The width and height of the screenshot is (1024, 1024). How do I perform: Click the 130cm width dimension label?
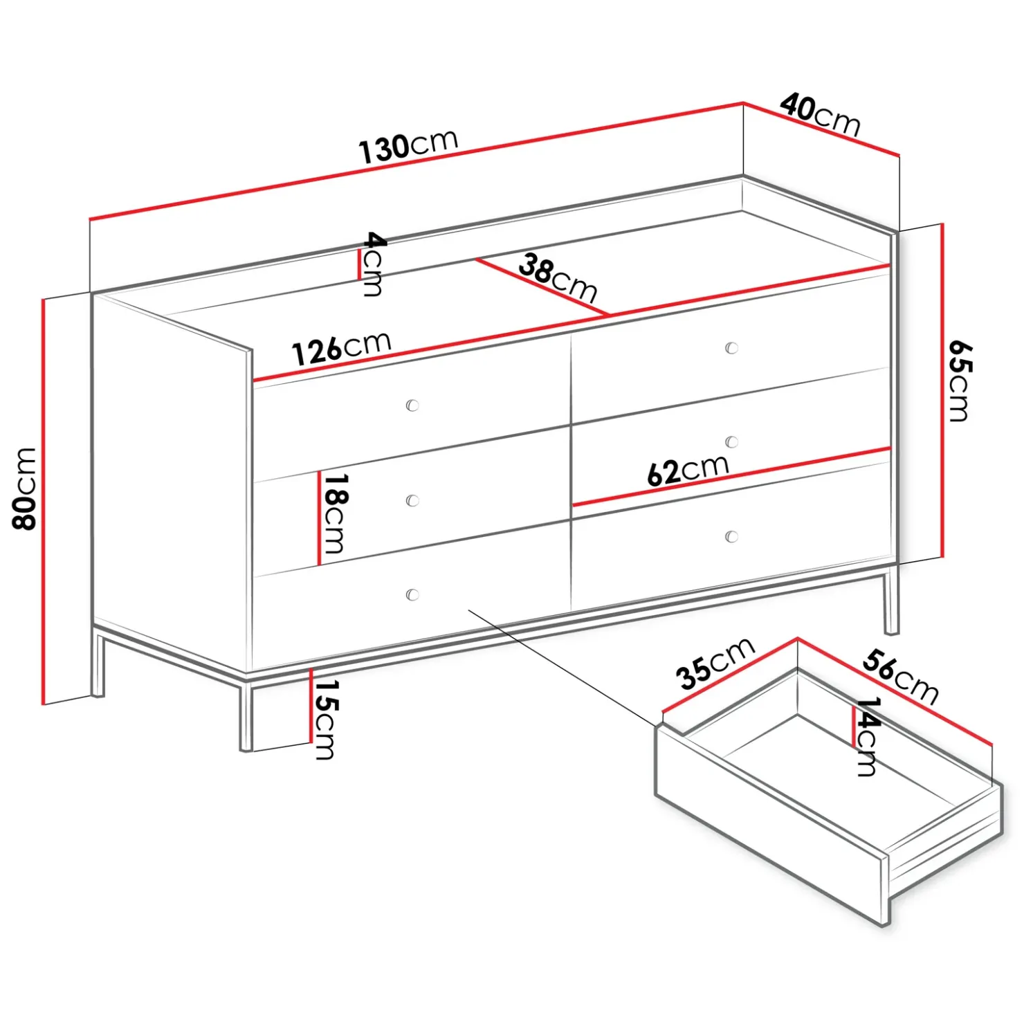(408, 147)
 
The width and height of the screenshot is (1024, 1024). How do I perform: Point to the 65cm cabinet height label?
(959, 381)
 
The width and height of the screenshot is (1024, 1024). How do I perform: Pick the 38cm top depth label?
(558, 277)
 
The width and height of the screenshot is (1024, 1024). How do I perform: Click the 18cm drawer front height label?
(336, 513)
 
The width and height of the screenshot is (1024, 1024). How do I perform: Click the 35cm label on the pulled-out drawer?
(715, 663)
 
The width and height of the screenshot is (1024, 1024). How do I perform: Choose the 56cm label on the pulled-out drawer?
(900, 677)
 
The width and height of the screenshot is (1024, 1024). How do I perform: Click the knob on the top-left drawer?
(412, 405)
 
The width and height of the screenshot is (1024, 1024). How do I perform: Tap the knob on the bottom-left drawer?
(412, 594)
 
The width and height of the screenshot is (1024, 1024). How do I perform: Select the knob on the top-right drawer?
(731, 347)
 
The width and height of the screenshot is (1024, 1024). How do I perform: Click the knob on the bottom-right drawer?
(731, 536)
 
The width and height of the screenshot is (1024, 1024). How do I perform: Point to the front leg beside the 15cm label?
(246, 716)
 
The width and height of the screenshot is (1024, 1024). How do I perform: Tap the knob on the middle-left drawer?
(412, 500)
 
